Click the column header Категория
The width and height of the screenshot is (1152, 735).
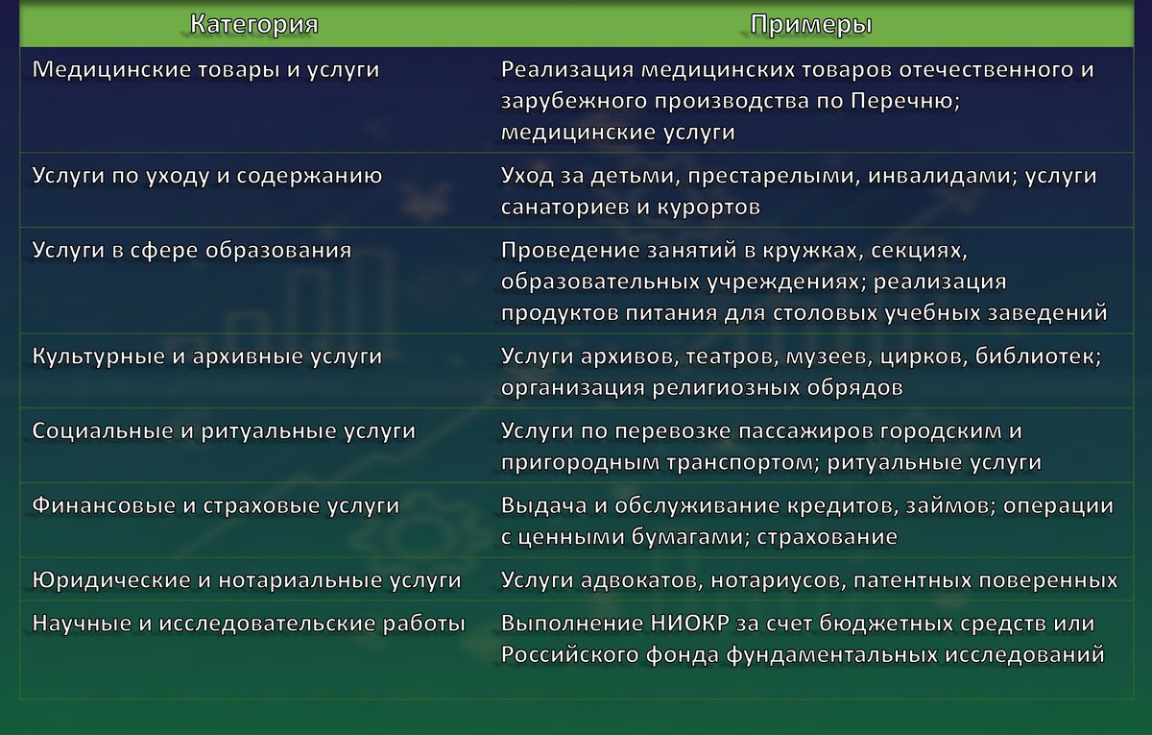(x=253, y=24)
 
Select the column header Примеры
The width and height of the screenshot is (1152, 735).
(x=811, y=24)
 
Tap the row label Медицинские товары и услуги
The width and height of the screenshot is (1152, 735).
(x=205, y=70)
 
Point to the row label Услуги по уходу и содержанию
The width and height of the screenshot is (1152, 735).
(x=207, y=176)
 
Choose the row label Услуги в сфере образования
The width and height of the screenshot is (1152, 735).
(x=192, y=251)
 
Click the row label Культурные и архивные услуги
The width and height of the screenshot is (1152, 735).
(x=207, y=356)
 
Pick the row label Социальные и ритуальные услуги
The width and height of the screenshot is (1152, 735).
(x=224, y=431)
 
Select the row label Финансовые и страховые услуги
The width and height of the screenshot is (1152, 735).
(x=216, y=506)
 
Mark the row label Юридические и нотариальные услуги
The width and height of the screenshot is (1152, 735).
(x=247, y=581)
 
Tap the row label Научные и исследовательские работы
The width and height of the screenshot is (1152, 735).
(x=249, y=624)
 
